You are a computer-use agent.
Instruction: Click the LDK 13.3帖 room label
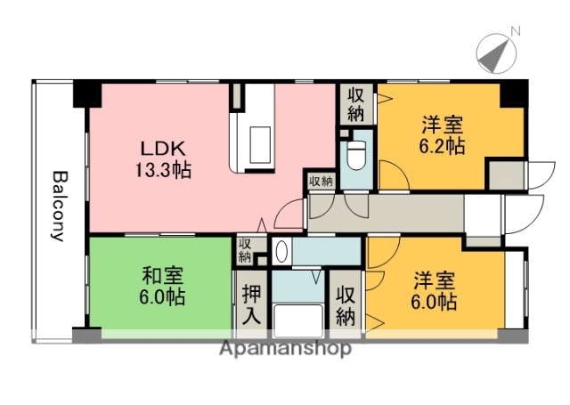162,157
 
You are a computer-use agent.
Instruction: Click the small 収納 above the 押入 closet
246,250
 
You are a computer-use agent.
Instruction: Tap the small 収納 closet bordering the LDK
321,182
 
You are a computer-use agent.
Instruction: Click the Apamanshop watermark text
285,348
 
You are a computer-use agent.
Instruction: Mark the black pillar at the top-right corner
514,90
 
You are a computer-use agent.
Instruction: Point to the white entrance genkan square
482,215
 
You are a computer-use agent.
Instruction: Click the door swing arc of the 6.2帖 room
394,176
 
